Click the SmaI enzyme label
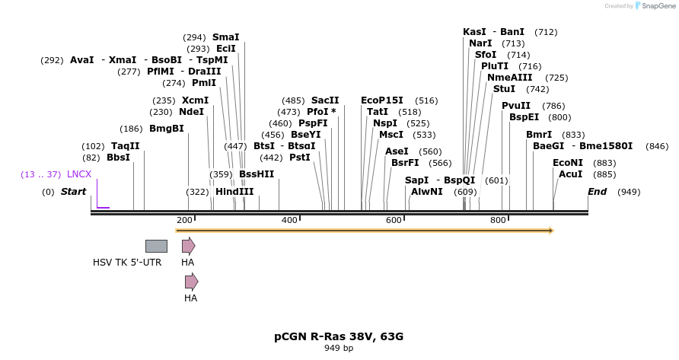[x=225, y=37]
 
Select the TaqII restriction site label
[x=125, y=145]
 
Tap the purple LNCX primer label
[x=79, y=174]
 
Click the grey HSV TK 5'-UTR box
[x=156, y=246]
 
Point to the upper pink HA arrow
[x=188, y=246]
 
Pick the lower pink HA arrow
[x=191, y=282]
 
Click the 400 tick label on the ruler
[x=289, y=220]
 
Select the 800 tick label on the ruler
[x=498, y=220]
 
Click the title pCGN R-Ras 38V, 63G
[x=339, y=336]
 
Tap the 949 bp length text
[x=339, y=348]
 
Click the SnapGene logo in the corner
[x=648, y=5]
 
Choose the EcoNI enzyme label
[x=567, y=162]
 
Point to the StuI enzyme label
[x=504, y=89]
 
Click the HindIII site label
[x=234, y=192]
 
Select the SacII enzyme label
[x=325, y=100]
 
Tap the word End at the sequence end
[x=597, y=192]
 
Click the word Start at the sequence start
[x=73, y=192]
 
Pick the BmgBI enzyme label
[x=166, y=128]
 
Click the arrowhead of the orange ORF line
[x=550, y=230]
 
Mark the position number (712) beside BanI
[x=546, y=32]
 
